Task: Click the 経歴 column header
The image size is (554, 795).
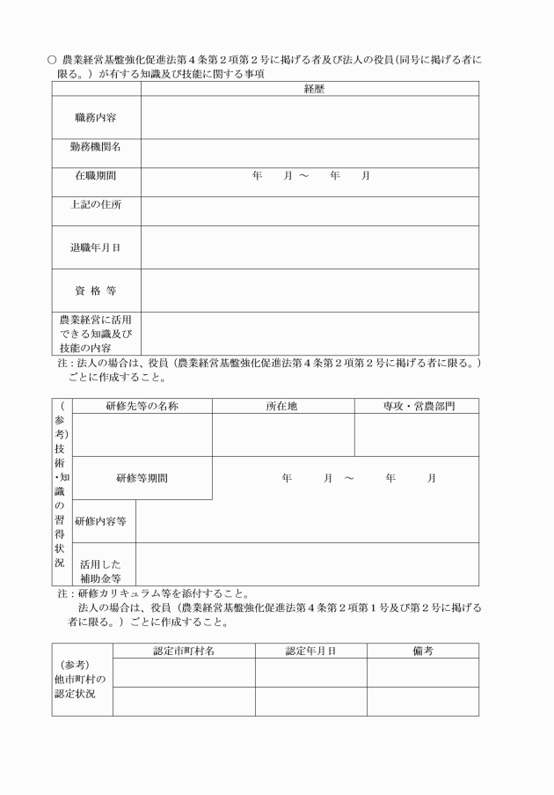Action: click(x=309, y=89)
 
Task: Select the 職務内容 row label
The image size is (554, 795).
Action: click(x=96, y=117)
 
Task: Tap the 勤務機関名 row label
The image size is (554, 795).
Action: click(x=96, y=147)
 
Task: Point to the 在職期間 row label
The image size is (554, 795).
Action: click(x=96, y=176)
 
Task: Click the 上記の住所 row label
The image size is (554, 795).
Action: click(x=96, y=205)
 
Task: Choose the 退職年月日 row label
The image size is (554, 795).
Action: click(x=96, y=247)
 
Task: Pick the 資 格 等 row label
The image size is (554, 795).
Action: click(x=96, y=291)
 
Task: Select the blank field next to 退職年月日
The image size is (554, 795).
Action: click(x=309, y=247)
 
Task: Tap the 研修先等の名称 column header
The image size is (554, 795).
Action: click(x=142, y=406)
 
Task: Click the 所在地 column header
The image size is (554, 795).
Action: click(x=283, y=406)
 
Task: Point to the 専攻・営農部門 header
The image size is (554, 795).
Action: click(x=417, y=406)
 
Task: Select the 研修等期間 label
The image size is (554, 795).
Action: click(x=142, y=478)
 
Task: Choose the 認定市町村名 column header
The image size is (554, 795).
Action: click(x=184, y=651)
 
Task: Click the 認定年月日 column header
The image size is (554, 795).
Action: click(x=311, y=651)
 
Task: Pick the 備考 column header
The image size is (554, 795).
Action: click(x=423, y=651)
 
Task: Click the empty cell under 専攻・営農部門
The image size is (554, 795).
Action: click(x=417, y=435)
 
